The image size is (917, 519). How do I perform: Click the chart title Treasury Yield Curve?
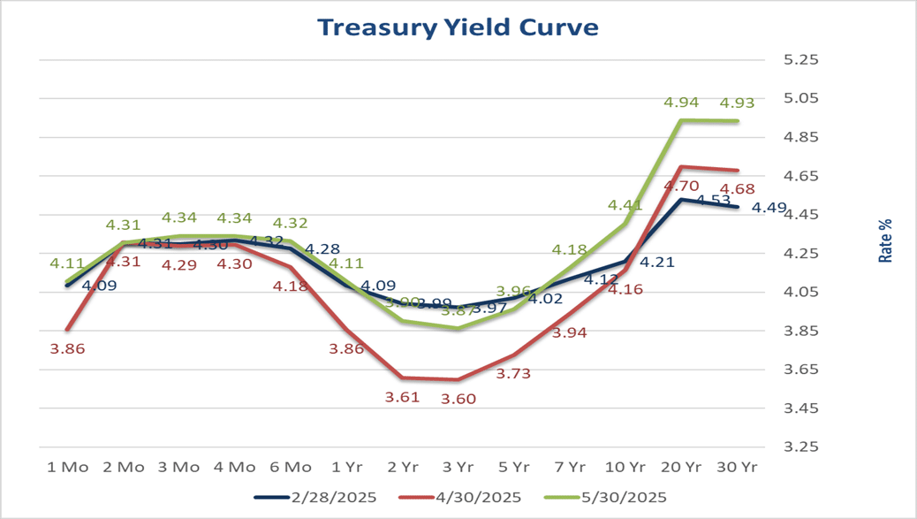point(458,27)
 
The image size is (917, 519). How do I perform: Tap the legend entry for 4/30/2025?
point(471,497)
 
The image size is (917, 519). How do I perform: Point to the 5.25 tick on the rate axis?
point(802,60)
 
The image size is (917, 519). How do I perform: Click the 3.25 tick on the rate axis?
point(802,447)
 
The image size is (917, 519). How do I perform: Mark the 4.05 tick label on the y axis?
point(802,293)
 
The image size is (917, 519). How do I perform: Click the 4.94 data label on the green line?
point(680,103)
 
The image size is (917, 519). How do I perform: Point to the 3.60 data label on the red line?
point(458,399)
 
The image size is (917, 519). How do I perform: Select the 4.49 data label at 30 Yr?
point(769,209)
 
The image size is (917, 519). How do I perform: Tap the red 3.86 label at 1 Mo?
point(67,348)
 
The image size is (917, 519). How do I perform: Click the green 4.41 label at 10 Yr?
point(625,206)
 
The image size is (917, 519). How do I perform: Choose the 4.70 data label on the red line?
point(682,186)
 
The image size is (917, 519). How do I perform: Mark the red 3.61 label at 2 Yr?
point(402,397)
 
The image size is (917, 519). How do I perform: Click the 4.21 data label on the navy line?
point(657,262)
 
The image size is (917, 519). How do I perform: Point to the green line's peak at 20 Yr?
point(681,120)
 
